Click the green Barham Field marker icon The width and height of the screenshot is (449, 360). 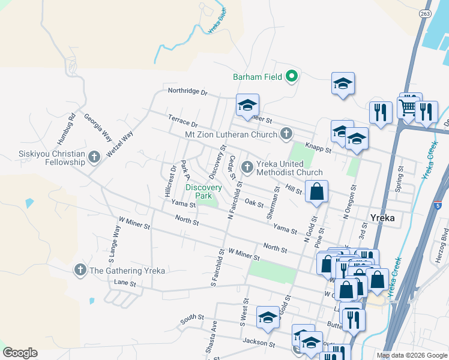[292, 76]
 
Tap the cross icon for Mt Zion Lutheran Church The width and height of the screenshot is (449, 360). [286, 133]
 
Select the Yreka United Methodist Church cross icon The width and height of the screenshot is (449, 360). [246, 167]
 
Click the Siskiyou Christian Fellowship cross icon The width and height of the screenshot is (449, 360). [94, 157]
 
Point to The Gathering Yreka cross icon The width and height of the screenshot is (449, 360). [80, 270]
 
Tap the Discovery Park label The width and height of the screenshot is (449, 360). [203, 191]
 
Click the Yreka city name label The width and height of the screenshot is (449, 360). [382, 218]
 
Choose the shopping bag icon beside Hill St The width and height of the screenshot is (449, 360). [317, 192]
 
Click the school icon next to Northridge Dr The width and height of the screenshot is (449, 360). [247, 106]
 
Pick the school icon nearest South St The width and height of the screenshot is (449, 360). [268, 318]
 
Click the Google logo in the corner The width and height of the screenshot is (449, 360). [20, 353]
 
